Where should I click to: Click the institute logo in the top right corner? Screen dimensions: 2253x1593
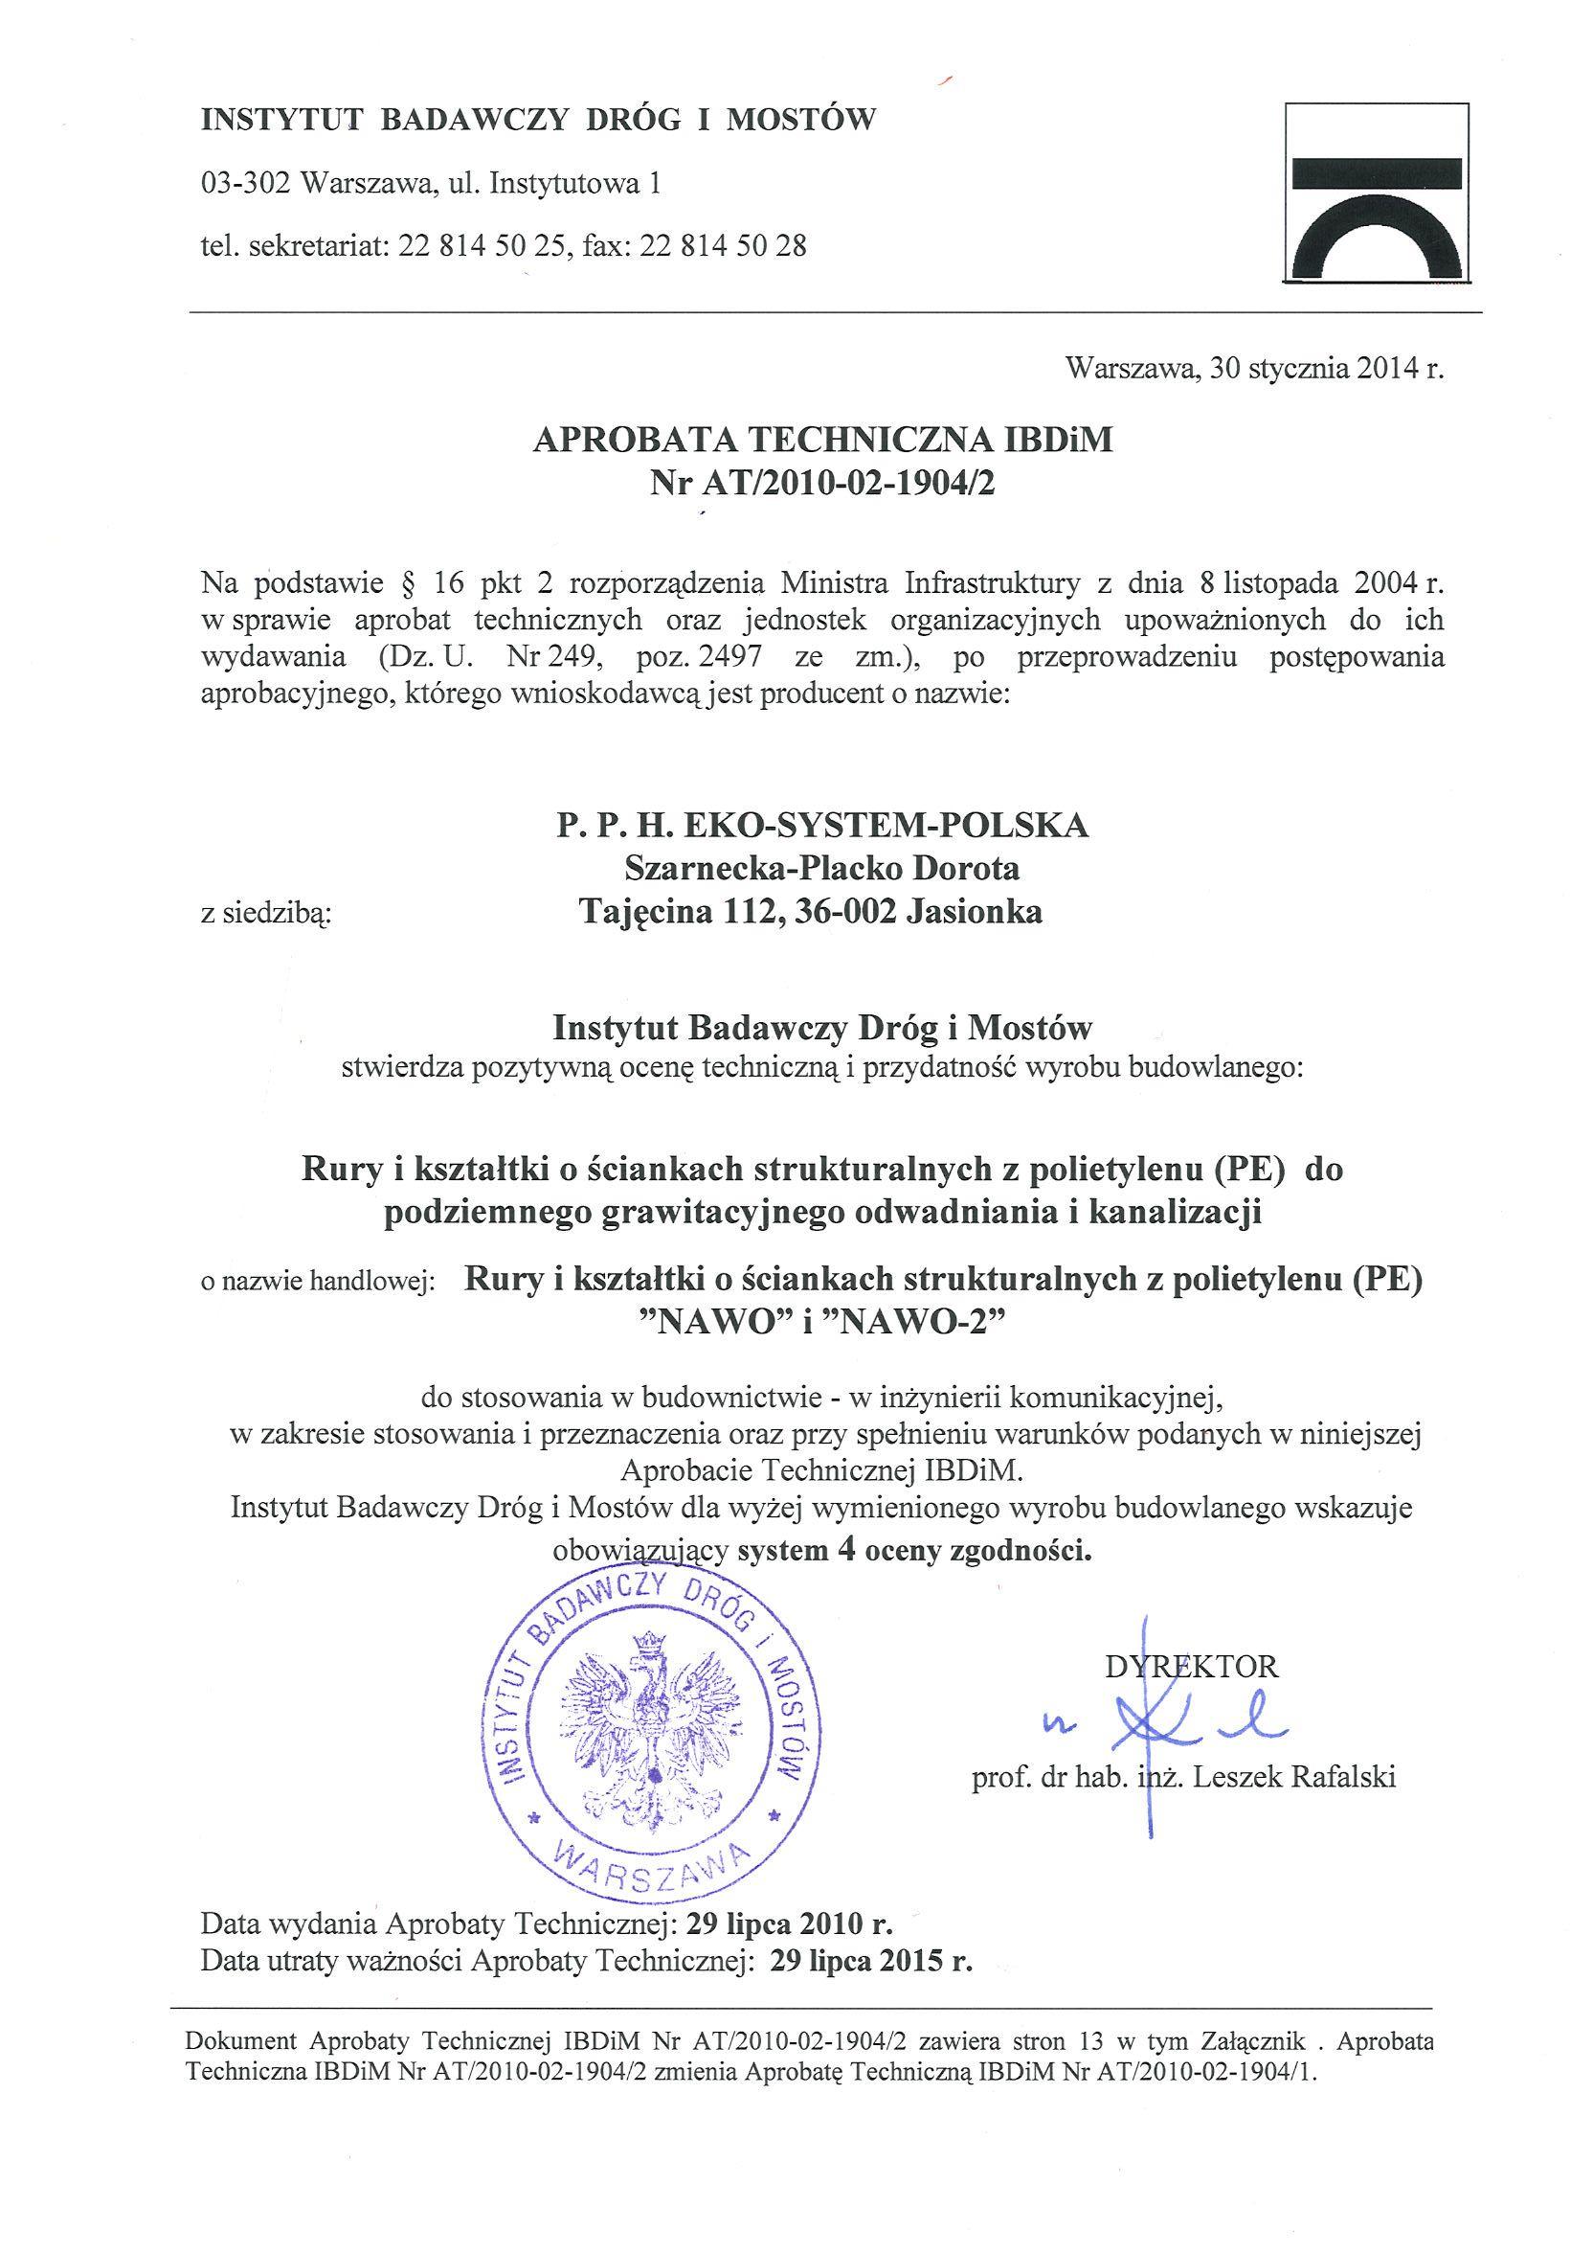point(1379,193)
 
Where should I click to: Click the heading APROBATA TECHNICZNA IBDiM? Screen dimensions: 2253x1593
point(823,441)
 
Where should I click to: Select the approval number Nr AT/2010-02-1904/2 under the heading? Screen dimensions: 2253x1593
point(823,484)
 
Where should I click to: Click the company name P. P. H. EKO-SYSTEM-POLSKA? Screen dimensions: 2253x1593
point(823,826)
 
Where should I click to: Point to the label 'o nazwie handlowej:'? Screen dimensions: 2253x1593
point(318,1284)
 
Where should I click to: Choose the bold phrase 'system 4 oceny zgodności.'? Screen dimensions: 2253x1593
point(914,1552)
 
